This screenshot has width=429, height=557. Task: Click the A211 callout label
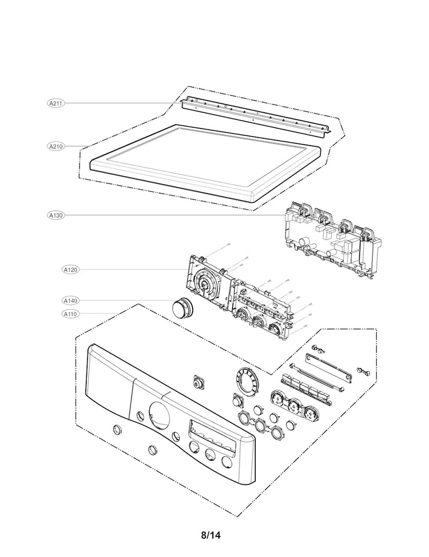pyautogui.click(x=55, y=103)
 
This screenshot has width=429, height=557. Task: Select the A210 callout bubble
pyautogui.click(x=55, y=146)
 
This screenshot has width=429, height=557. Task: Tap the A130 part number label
pyautogui.click(x=55, y=215)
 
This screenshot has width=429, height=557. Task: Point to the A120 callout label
pyautogui.click(x=71, y=269)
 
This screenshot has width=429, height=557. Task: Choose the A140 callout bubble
pyautogui.click(x=71, y=300)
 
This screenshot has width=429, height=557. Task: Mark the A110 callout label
pyautogui.click(x=71, y=314)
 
